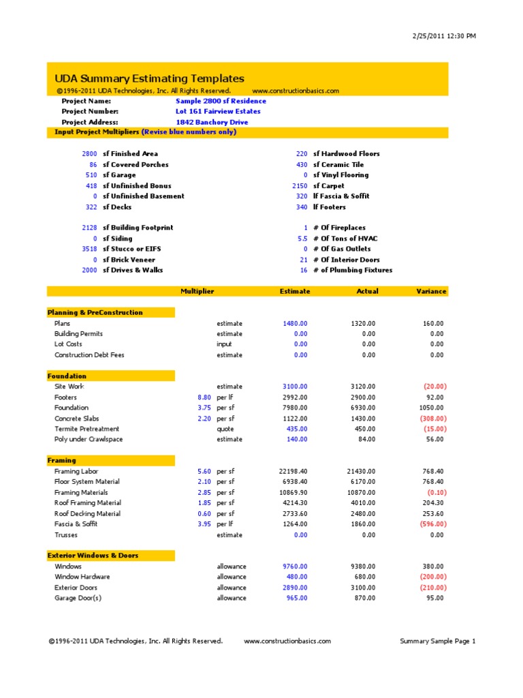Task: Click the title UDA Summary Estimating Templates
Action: coord(149,78)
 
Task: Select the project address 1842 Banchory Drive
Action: coord(212,122)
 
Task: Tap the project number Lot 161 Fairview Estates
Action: coord(218,111)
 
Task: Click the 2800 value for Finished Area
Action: coord(89,154)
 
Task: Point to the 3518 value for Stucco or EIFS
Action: coord(89,249)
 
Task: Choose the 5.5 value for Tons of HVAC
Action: coord(302,239)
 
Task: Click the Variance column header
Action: coord(431,291)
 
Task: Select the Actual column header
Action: coord(367,291)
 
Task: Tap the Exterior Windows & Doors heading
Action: coord(93,556)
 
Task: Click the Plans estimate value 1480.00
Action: coord(295,323)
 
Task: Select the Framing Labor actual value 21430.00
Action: coord(361,471)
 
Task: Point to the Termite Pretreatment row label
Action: coord(86,429)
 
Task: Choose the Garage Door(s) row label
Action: coord(78,598)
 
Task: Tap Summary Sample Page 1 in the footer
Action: coord(437,641)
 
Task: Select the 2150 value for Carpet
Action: coord(300,185)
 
